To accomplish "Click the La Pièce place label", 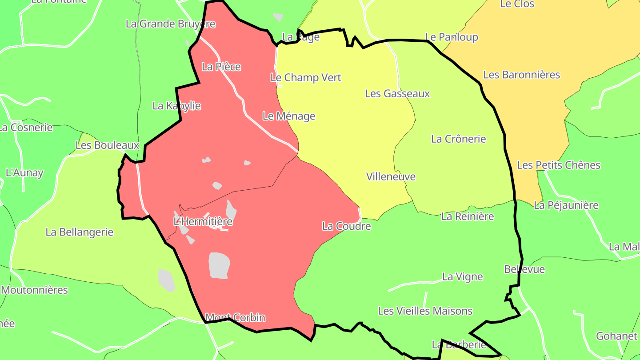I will tap(221, 67).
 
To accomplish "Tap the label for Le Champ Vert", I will tap(306, 77).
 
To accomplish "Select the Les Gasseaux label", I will tap(397, 93).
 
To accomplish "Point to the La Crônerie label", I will tap(458, 139).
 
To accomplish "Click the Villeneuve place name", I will tap(391, 176).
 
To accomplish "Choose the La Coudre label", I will tap(346, 226).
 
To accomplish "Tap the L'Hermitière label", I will tap(203, 221).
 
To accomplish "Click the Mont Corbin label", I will tap(235, 318).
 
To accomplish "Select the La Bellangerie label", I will tap(80, 232).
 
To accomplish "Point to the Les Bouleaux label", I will tap(107, 145).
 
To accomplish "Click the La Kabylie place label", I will tap(176, 106).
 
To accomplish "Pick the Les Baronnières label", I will tap(521, 75).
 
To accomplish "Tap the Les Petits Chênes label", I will tap(558, 165).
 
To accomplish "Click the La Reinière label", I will tap(468, 216).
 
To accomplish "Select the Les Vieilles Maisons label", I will tap(425, 311).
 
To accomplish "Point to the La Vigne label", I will tap(462, 276).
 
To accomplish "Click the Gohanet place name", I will tap(616, 336).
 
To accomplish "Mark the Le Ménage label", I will tap(288, 116).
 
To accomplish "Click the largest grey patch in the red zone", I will tap(219, 265).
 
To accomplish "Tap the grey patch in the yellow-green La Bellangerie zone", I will tap(167, 280).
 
